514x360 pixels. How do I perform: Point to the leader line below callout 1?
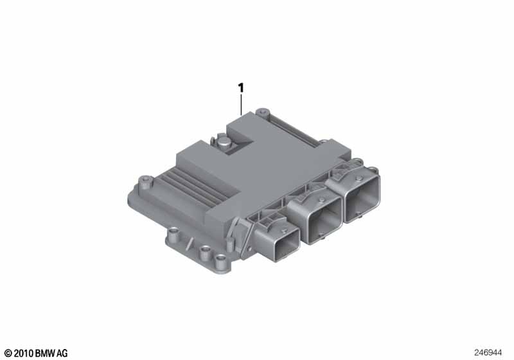click(x=242, y=104)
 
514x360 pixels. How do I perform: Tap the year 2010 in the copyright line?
click(x=21, y=353)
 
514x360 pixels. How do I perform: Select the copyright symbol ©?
click(x=7, y=353)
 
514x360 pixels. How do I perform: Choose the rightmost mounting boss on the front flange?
click(x=222, y=260)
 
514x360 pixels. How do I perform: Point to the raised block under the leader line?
click(x=257, y=138)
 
